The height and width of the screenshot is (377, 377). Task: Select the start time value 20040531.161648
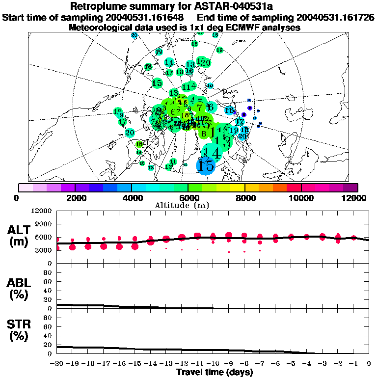(x=146, y=17)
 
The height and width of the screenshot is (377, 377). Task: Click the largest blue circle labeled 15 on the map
(x=206, y=165)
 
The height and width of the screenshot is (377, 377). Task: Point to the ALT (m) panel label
(x=19, y=236)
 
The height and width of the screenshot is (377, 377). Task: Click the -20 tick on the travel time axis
(x=57, y=363)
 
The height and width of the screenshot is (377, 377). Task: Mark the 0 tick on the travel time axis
(x=369, y=363)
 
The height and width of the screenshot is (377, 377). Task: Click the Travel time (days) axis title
(x=215, y=372)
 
